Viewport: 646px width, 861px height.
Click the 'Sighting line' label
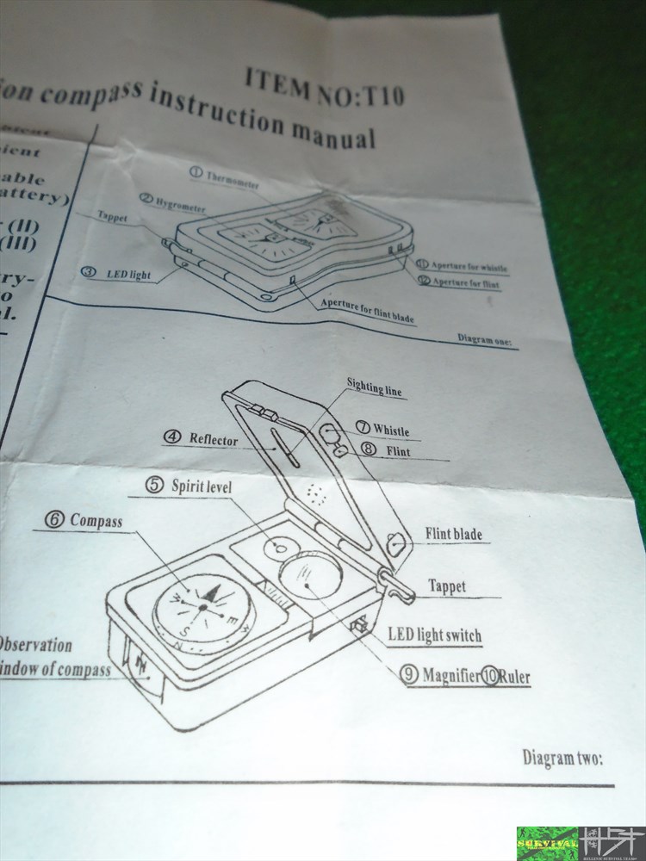374,389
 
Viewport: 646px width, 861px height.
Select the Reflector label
213,439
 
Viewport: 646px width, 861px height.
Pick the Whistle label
390,430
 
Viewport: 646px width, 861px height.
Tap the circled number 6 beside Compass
55,520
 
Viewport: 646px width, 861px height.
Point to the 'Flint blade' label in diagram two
453,534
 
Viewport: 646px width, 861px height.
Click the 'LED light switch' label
434,636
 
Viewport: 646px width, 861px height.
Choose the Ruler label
513,677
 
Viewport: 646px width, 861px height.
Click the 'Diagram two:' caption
562,758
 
